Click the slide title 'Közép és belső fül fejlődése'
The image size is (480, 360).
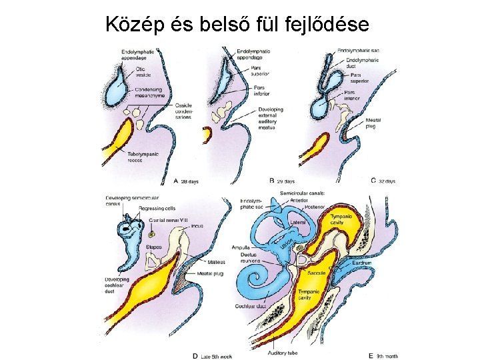click(x=237, y=25)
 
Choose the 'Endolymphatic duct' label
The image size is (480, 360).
click(x=363, y=64)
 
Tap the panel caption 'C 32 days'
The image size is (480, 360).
click(x=383, y=181)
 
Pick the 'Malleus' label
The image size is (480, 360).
click(x=215, y=262)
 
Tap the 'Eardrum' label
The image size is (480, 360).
click(x=362, y=263)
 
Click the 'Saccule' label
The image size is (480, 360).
click(x=316, y=274)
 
